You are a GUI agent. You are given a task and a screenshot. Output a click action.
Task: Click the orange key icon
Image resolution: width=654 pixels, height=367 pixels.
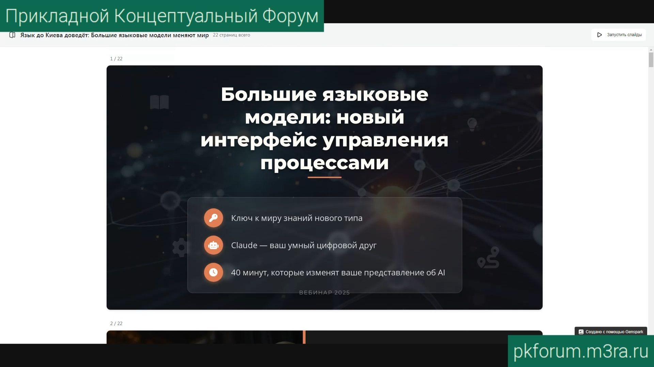click(213, 218)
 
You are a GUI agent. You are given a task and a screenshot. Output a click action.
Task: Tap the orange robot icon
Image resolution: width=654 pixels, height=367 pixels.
click(213, 245)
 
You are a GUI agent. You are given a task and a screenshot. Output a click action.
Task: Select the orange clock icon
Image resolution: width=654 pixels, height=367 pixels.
click(213, 272)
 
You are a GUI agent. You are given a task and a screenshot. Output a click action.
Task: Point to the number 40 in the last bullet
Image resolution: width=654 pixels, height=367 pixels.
click(236, 272)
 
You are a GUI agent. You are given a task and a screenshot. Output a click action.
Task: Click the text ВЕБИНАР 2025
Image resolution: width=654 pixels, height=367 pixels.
click(324, 292)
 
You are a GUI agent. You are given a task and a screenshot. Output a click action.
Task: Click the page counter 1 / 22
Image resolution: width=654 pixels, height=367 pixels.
click(116, 59)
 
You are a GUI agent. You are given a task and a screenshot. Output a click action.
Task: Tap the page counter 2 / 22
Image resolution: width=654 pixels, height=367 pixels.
click(116, 323)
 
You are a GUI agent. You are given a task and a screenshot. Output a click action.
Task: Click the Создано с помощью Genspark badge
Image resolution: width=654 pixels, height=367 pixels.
click(611, 332)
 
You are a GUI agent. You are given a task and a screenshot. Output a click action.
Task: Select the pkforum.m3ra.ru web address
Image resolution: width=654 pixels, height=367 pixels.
click(580, 351)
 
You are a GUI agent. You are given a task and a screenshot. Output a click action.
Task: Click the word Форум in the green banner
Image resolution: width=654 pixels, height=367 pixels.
click(290, 16)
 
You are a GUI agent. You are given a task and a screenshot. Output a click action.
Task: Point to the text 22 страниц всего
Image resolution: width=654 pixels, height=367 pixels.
click(231, 35)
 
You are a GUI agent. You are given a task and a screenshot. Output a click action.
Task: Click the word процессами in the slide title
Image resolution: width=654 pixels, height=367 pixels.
click(324, 163)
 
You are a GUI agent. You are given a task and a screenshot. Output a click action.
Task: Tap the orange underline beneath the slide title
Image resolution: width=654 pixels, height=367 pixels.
click(324, 177)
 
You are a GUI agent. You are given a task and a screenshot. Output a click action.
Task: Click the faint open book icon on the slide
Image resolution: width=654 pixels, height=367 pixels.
click(159, 102)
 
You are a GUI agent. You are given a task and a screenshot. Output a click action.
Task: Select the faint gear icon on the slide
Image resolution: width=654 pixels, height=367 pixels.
click(180, 248)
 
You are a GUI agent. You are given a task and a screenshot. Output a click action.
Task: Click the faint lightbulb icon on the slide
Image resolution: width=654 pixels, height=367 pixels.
click(472, 124)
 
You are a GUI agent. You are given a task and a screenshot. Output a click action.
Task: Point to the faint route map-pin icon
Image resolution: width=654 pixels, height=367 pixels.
click(489, 258)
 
